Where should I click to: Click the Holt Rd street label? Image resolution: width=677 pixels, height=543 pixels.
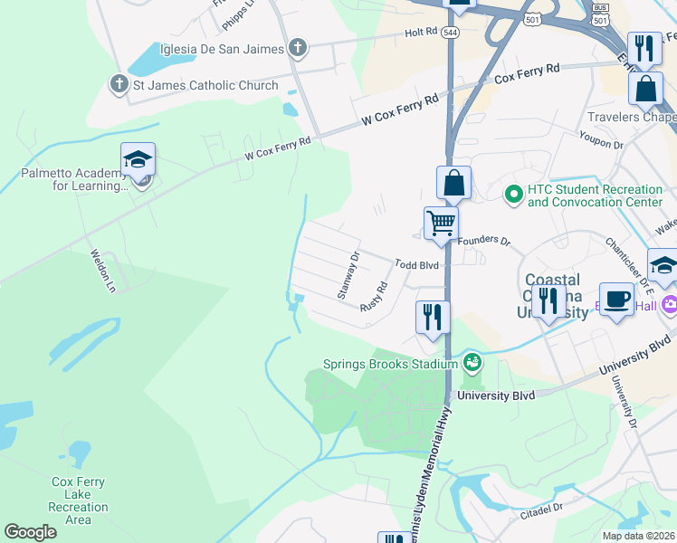[x=421, y=32]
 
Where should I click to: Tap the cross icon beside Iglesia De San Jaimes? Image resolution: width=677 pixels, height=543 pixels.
[x=299, y=48]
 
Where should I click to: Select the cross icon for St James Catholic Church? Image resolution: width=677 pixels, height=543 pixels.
[x=119, y=86]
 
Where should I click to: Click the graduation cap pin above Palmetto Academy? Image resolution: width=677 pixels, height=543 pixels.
[x=138, y=160]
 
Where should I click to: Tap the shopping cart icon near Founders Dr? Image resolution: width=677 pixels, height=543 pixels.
[x=441, y=222]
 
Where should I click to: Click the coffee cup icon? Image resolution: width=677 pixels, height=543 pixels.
[x=616, y=299]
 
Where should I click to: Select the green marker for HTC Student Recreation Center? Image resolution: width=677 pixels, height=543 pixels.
[x=513, y=195]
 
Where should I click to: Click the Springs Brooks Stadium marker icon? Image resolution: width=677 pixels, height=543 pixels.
[x=471, y=364]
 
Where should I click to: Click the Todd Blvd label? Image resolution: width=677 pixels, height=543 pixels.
[x=416, y=264]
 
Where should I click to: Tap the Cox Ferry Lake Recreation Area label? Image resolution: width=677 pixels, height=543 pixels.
[x=79, y=500]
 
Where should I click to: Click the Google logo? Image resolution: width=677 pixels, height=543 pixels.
[x=30, y=532]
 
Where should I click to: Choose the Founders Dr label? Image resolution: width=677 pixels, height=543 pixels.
[x=484, y=242]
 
